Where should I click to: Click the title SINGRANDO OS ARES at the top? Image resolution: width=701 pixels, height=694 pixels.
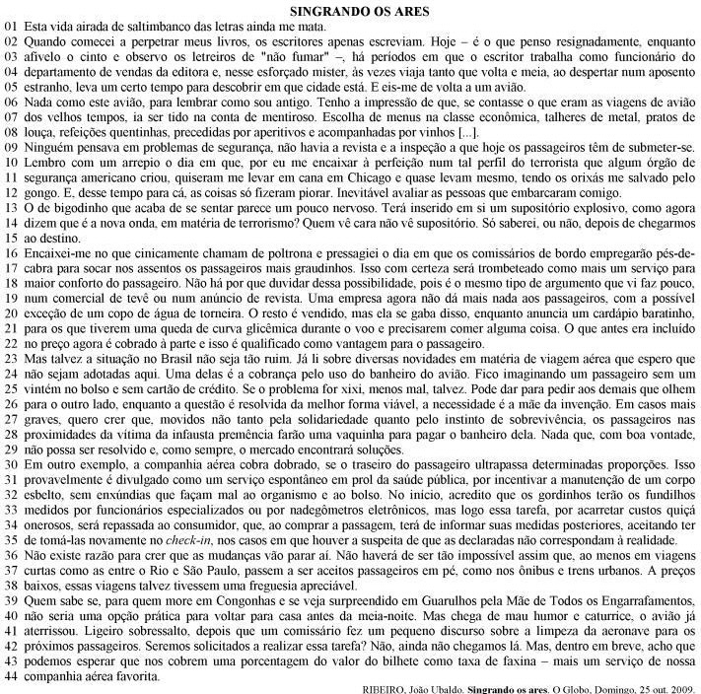pyautogui.click(x=350, y=11)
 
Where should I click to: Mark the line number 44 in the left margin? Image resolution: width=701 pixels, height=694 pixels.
pyautogui.click(x=11, y=678)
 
